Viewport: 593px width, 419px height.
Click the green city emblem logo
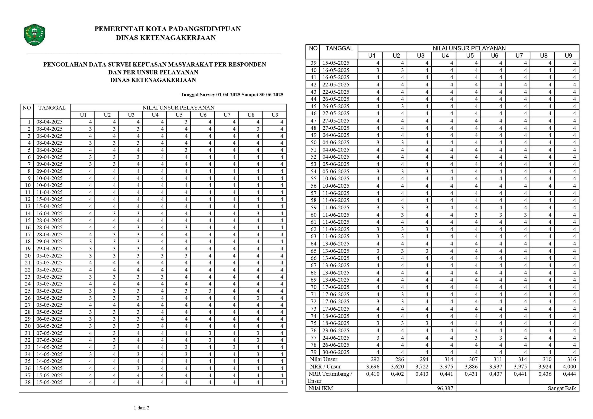34,35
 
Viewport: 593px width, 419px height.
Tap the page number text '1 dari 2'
141,408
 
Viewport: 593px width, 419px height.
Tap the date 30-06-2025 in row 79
336,352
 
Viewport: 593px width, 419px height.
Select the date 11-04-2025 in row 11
49,192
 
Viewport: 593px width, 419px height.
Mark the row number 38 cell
28,382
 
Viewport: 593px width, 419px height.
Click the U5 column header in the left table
179,115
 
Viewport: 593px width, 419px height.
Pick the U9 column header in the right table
568,55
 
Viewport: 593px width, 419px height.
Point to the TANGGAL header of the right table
339,48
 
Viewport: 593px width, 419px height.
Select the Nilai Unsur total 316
572,359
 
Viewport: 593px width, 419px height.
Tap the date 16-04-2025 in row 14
49,213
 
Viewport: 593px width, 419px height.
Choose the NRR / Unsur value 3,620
397,366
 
